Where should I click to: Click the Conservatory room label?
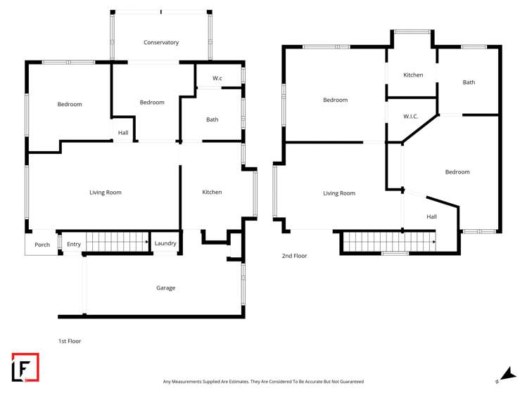pyautogui.click(x=161, y=43)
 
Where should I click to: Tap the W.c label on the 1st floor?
pyautogui.click(x=217, y=78)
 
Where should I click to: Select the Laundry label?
pyautogui.click(x=165, y=244)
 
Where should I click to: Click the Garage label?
pyautogui.click(x=165, y=288)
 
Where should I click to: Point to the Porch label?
pyautogui.click(x=42, y=245)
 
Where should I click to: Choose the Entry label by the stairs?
pyautogui.click(x=74, y=245)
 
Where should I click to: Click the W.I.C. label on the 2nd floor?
pyautogui.click(x=412, y=117)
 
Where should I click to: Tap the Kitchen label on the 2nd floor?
pyautogui.click(x=413, y=75)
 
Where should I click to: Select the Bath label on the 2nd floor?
pyautogui.click(x=469, y=83)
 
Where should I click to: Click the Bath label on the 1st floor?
pyautogui.click(x=212, y=120)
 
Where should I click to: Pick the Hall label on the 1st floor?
pyautogui.click(x=123, y=133)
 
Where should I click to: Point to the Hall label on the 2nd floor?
pyautogui.click(x=431, y=217)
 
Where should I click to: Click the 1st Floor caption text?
pyautogui.click(x=70, y=342)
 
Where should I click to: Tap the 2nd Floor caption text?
pyautogui.click(x=294, y=256)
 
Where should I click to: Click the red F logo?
pyautogui.click(x=25, y=367)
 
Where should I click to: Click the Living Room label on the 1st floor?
pyautogui.click(x=106, y=193)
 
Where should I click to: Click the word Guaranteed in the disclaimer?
pyautogui.click(x=350, y=382)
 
